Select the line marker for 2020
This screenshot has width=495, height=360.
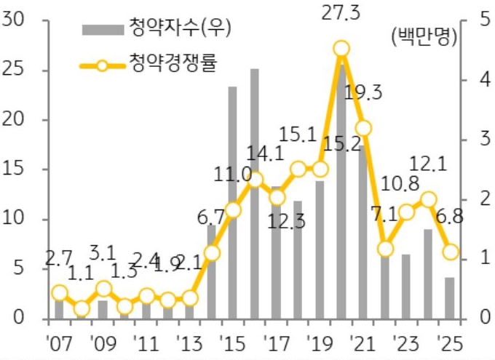pos(341,49)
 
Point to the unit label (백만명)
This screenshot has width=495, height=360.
pos(423,37)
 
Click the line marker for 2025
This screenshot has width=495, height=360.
pos(451,252)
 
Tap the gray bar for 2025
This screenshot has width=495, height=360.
pos(450,298)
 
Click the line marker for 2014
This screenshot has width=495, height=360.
pos(212,253)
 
